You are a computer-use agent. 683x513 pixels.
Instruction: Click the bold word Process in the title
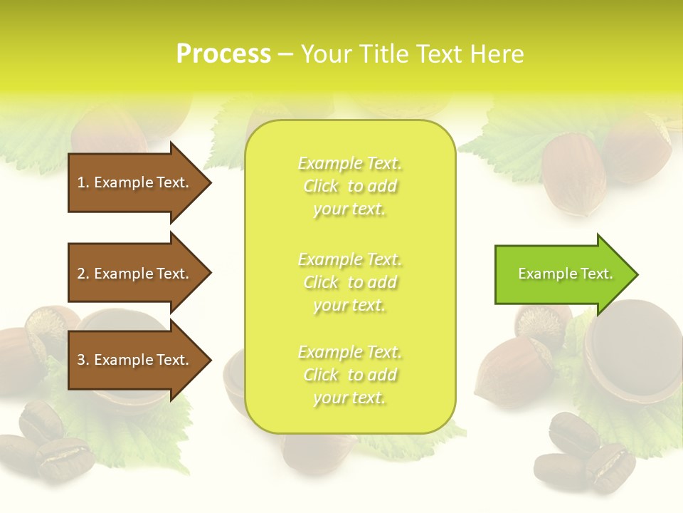pyautogui.click(x=223, y=54)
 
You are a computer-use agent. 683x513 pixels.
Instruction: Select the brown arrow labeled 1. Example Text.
pyautogui.click(x=135, y=182)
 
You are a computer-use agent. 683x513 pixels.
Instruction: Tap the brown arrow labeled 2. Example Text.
pyautogui.click(x=135, y=274)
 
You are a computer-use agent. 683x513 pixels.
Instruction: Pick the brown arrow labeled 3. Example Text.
pyautogui.click(x=135, y=360)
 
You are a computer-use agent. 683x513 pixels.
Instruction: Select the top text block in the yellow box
pyautogui.click(x=350, y=186)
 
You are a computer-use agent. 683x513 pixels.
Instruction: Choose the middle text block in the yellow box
pyautogui.click(x=350, y=282)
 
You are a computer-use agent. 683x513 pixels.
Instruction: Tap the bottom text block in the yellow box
pyautogui.click(x=350, y=375)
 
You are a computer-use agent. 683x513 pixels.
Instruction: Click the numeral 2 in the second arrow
pyautogui.click(x=81, y=274)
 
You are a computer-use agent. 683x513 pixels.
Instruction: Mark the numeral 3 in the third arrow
pyautogui.click(x=81, y=360)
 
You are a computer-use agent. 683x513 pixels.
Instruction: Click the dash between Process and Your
pyautogui.click(x=285, y=54)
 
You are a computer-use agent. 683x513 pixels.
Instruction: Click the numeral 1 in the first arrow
pyautogui.click(x=81, y=182)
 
